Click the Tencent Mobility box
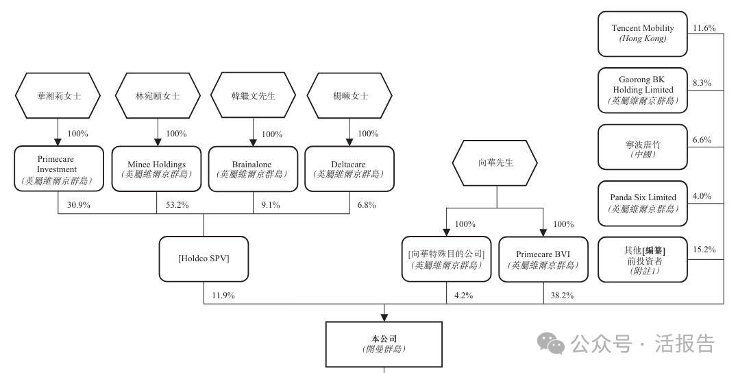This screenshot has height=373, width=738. [x=643, y=34]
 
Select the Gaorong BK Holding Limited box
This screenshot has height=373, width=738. [x=643, y=90]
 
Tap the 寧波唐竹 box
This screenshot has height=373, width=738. [x=643, y=146]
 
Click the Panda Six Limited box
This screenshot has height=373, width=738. [x=643, y=203]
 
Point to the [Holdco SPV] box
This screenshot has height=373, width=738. [x=204, y=258]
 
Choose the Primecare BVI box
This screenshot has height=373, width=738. [x=543, y=258]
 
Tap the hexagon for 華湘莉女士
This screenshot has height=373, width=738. [x=58, y=95]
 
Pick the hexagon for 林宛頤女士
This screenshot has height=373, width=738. [x=157, y=95]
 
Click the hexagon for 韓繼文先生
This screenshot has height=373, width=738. [x=253, y=95]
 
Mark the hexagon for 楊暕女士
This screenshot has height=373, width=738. [x=349, y=95]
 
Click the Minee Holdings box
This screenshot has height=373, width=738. [x=157, y=169]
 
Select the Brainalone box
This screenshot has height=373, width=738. [x=253, y=169]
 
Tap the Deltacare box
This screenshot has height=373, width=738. [x=349, y=169]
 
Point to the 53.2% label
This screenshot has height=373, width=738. [x=177, y=205]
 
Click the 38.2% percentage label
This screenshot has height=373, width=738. [x=562, y=296]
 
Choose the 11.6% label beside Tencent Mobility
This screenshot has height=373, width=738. [x=704, y=28]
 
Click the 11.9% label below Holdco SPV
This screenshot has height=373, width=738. [x=223, y=296]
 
